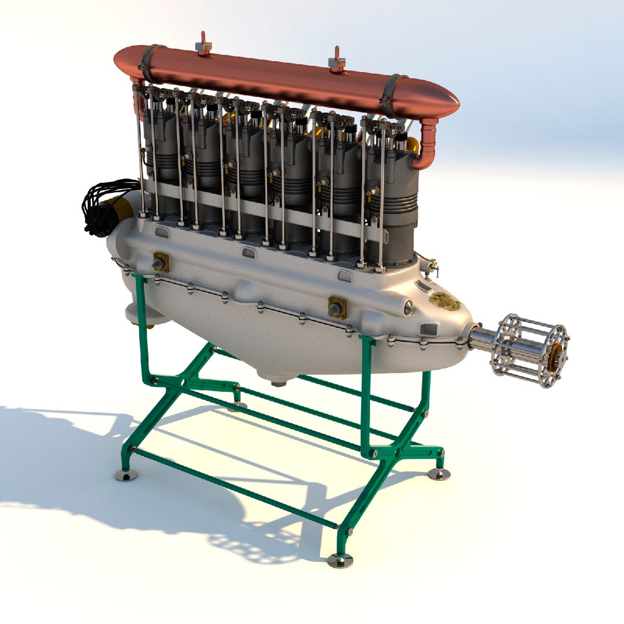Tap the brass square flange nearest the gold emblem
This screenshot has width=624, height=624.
point(337,308)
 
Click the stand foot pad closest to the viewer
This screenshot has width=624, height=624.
point(340,560)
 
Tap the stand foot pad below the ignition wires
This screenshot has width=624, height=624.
point(127,475)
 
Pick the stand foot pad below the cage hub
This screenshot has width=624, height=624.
point(439,474)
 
